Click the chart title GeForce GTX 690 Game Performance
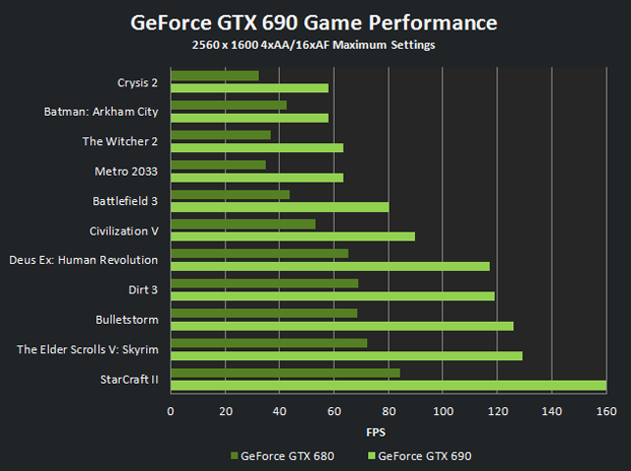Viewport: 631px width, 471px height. click(x=314, y=22)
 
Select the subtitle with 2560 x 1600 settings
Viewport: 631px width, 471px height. click(x=314, y=45)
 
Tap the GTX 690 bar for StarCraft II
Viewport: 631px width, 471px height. click(x=388, y=386)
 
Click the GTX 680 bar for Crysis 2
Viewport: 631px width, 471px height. click(x=214, y=76)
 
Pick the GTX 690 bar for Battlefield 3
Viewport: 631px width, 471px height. click(x=280, y=207)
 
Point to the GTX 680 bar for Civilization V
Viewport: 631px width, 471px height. click(x=242, y=224)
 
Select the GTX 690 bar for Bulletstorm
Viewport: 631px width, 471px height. click(x=342, y=326)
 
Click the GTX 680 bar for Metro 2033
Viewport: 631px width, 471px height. click(x=218, y=165)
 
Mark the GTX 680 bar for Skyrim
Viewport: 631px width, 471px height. click(x=269, y=342)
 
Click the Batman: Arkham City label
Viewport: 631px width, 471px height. click(x=101, y=112)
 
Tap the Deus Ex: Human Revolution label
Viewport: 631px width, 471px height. click(x=83, y=260)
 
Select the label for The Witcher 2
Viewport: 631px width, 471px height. click(x=120, y=141)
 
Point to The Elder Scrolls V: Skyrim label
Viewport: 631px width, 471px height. click(x=87, y=349)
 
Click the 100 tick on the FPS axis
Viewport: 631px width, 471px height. click(x=443, y=410)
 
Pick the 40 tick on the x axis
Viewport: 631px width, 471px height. click(x=280, y=410)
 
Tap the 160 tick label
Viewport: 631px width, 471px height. click(x=605, y=410)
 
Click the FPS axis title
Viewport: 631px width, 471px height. click(x=377, y=431)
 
